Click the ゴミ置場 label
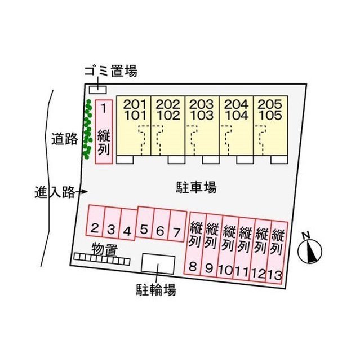(111, 71)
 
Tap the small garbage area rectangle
(98, 90)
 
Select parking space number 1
(104, 131)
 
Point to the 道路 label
(64, 139)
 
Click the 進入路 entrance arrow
(82, 192)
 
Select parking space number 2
(95, 221)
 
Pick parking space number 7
(177, 226)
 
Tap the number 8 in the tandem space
(193, 267)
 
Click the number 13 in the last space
(275, 275)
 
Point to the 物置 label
(105, 249)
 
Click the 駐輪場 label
(156, 289)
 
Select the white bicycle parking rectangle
(158, 264)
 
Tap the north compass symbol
(310, 249)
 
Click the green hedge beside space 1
(87, 129)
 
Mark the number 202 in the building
(168, 104)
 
